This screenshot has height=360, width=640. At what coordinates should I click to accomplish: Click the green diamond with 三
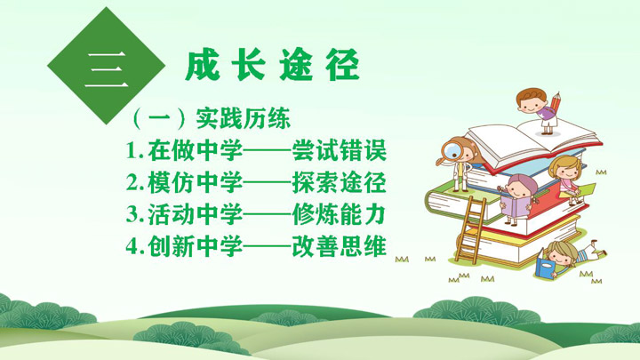click(106, 66)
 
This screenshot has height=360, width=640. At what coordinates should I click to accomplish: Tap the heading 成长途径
click(272, 65)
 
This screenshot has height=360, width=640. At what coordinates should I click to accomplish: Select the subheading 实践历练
click(244, 119)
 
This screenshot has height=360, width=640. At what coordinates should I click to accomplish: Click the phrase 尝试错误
click(340, 150)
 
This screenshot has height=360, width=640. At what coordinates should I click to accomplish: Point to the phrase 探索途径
click(340, 182)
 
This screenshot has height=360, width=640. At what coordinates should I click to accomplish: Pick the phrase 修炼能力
click(340, 214)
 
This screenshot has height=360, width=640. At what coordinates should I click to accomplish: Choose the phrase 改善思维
click(340, 246)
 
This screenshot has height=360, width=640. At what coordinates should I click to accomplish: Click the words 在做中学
click(196, 150)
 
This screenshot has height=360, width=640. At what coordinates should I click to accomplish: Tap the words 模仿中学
click(196, 182)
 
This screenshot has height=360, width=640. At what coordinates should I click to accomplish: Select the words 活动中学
click(196, 214)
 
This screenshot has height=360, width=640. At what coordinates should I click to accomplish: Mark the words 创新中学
click(196, 246)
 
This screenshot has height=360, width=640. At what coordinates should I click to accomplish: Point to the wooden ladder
click(470, 229)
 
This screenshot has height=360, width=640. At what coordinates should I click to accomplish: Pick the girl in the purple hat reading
click(516, 199)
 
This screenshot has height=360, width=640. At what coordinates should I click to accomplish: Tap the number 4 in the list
click(131, 246)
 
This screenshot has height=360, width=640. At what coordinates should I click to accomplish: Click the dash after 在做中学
click(268, 151)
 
